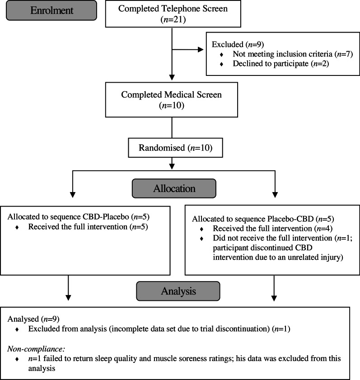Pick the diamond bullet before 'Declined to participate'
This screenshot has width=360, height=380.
point(221,64)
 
